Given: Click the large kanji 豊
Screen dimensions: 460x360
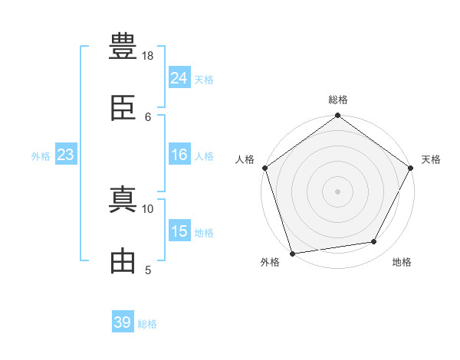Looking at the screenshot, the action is [123, 46].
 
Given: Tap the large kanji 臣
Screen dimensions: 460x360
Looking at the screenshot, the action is [123, 108].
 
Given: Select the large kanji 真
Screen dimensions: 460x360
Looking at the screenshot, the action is [123, 199].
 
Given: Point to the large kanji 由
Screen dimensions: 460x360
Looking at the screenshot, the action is [123, 260].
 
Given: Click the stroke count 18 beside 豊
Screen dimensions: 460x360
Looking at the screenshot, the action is [147, 56].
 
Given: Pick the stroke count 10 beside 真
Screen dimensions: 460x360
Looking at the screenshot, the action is [147, 209].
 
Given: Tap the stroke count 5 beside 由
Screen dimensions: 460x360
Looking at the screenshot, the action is [148, 270].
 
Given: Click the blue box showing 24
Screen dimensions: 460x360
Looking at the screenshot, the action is [179, 77].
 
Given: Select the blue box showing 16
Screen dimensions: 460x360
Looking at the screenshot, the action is [179, 154].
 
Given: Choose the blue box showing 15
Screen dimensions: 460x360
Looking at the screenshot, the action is [179, 230].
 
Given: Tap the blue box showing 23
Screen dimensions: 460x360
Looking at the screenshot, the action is [66, 154].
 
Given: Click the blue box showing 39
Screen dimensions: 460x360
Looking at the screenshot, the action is [123, 321].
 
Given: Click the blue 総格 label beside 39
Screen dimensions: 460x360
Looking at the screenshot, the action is [147, 324].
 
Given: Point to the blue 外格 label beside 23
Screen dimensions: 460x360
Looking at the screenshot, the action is [41, 156].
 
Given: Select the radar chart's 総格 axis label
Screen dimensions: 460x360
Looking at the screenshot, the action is [338, 100].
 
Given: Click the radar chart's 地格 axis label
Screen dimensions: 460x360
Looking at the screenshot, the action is [402, 262].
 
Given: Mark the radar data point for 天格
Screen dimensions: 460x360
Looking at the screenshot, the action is [410, 168].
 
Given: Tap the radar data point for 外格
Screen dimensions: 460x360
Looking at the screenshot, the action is [293, 254].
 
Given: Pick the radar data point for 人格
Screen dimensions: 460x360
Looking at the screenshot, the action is [265, 168].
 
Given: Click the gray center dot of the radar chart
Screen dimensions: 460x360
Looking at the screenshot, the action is [337, 191].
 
